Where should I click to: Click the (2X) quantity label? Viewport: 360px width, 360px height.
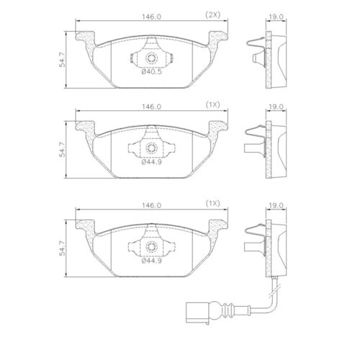pyautogui.click(x=214, y=15)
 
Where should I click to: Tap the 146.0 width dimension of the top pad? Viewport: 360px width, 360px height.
pyautogui.click(x=150, y=15)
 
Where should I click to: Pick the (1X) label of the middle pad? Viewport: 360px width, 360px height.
pyautogui.click(x=214, y=105)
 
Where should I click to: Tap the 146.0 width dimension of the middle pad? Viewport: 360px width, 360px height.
pyautogui.click(x=150, y=105)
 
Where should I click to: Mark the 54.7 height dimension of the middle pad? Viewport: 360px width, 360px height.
pyautogui.click(x=63, y=147)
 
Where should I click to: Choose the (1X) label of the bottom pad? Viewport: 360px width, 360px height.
pyautogui.click(x=214, y=204)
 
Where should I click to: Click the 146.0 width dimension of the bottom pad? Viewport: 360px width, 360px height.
pyautogui.click(x=150, y=204)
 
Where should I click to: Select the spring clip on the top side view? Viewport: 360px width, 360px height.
pyautogui.click(x=254, y=50)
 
